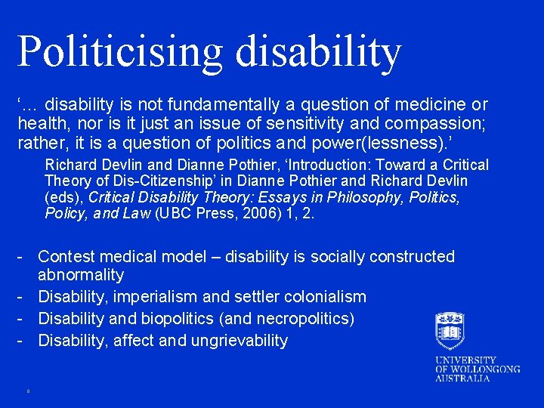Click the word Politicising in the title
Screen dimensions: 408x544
pyautogui.click(x=120, y=51)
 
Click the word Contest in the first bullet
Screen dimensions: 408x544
pyautogui.click(x=66, y=257)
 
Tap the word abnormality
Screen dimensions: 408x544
pyautogui.click(x=81, y=274)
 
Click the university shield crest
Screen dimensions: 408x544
pyautogui.click(x=450, y=330)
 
